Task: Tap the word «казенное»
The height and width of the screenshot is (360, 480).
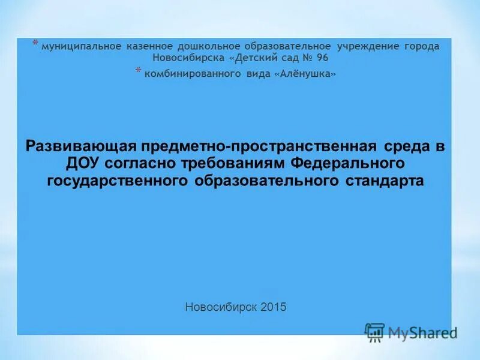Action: coord(149,46)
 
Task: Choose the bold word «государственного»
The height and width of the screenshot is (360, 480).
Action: coord(119,181)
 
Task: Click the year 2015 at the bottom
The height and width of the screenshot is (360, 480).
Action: coord(274,307)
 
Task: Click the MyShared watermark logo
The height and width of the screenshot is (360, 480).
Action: coord(411,332)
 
